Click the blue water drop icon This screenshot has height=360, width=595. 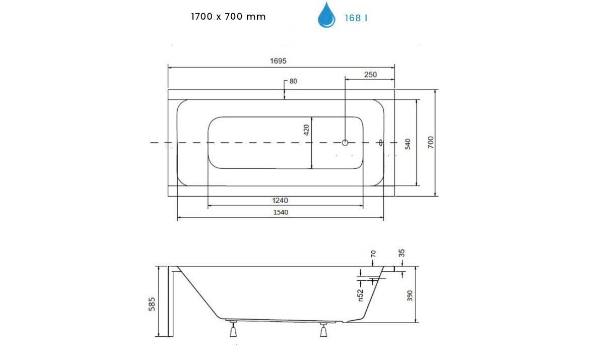point(326,16)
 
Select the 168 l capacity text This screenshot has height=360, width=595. point(356,18)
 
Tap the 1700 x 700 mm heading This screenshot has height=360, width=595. point(228,16)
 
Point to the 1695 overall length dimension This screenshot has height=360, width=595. point(278,61)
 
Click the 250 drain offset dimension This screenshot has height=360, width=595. point(370,75)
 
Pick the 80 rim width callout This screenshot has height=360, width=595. point(293,81)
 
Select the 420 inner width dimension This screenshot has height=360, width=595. point(307,130)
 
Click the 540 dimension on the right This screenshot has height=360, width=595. point(408,144)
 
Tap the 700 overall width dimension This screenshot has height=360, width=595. point(431,142)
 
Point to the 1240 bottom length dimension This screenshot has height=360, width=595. point(280,200)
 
